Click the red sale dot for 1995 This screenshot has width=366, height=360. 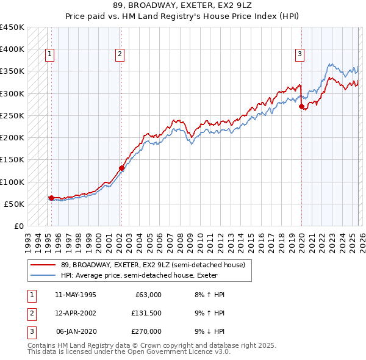51,198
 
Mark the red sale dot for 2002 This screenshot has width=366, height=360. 121,168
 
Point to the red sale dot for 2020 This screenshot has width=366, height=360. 301,106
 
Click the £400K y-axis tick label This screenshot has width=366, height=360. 12,49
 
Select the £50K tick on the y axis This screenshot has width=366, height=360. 15,204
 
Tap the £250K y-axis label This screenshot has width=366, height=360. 12,115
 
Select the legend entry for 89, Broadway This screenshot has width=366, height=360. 152,265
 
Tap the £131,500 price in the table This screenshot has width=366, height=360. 146,313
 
